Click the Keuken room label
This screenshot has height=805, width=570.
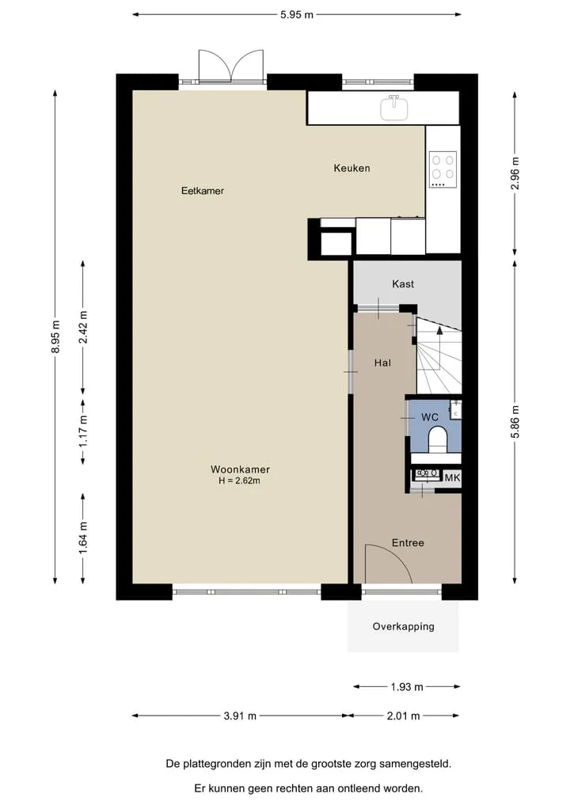[351, 168]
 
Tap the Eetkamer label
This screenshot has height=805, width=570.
[203, 191]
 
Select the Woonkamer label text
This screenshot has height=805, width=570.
[240, 469]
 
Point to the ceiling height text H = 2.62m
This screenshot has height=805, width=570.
[239, 481]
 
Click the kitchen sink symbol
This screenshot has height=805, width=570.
[394, 108]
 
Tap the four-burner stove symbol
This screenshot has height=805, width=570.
[443, 170]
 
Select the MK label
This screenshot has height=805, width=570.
[452, 478]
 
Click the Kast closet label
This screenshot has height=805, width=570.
[403, 284]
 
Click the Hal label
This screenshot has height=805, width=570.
[382, 363]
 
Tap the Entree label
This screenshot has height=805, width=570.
[408, 543]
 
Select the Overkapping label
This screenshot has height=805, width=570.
[404, 626]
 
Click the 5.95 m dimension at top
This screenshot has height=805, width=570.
[297, 14]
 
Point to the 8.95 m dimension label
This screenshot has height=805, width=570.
[55, 336]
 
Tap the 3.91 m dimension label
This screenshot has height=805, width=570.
[240, 716]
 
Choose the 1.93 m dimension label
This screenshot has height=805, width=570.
[407, 686]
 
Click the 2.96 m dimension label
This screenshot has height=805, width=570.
[515, 173]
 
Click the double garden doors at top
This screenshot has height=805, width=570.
[231, 66]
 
